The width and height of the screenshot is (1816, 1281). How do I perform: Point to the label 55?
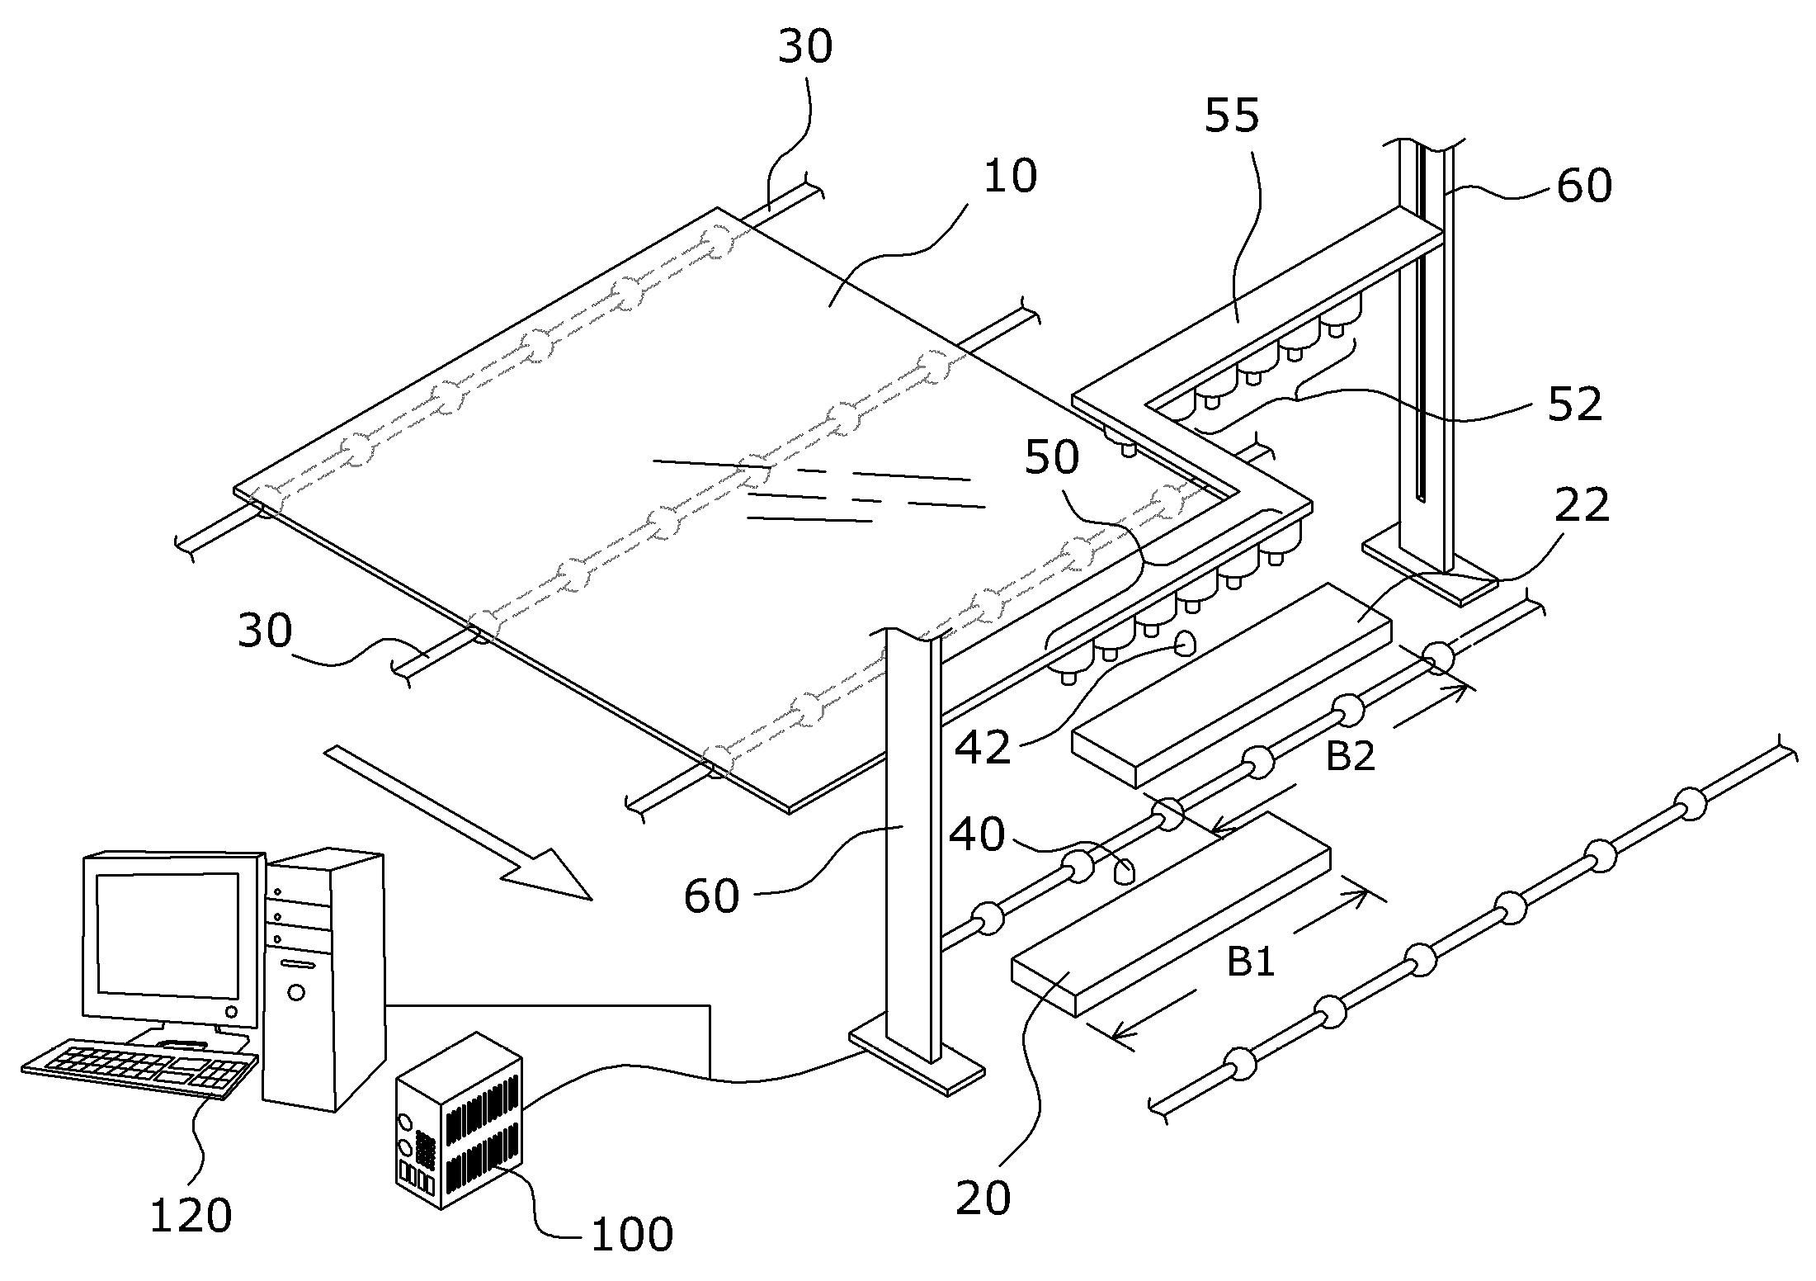[x=1232, y=115]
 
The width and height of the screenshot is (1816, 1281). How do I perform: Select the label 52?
[x=1574, y=404]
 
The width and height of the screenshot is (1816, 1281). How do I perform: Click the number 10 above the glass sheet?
[x=1010, y=177]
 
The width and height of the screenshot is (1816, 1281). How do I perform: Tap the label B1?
[x=1252, y=961]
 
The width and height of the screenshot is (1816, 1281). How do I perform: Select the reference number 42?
[x=983, y=748]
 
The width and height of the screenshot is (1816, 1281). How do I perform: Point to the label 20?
[x=983, y=1198]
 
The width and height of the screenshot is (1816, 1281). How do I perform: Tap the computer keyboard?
[x=139, y=1067]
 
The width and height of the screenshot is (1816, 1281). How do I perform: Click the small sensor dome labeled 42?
[x=1185, y=644]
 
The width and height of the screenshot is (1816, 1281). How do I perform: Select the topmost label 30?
[x=805, y=47]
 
